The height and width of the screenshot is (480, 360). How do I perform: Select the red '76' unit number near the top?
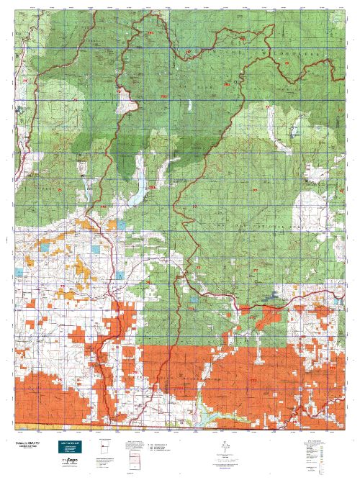tap(189, 53)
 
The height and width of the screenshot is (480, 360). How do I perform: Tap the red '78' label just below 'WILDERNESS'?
tap(287, 65)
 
